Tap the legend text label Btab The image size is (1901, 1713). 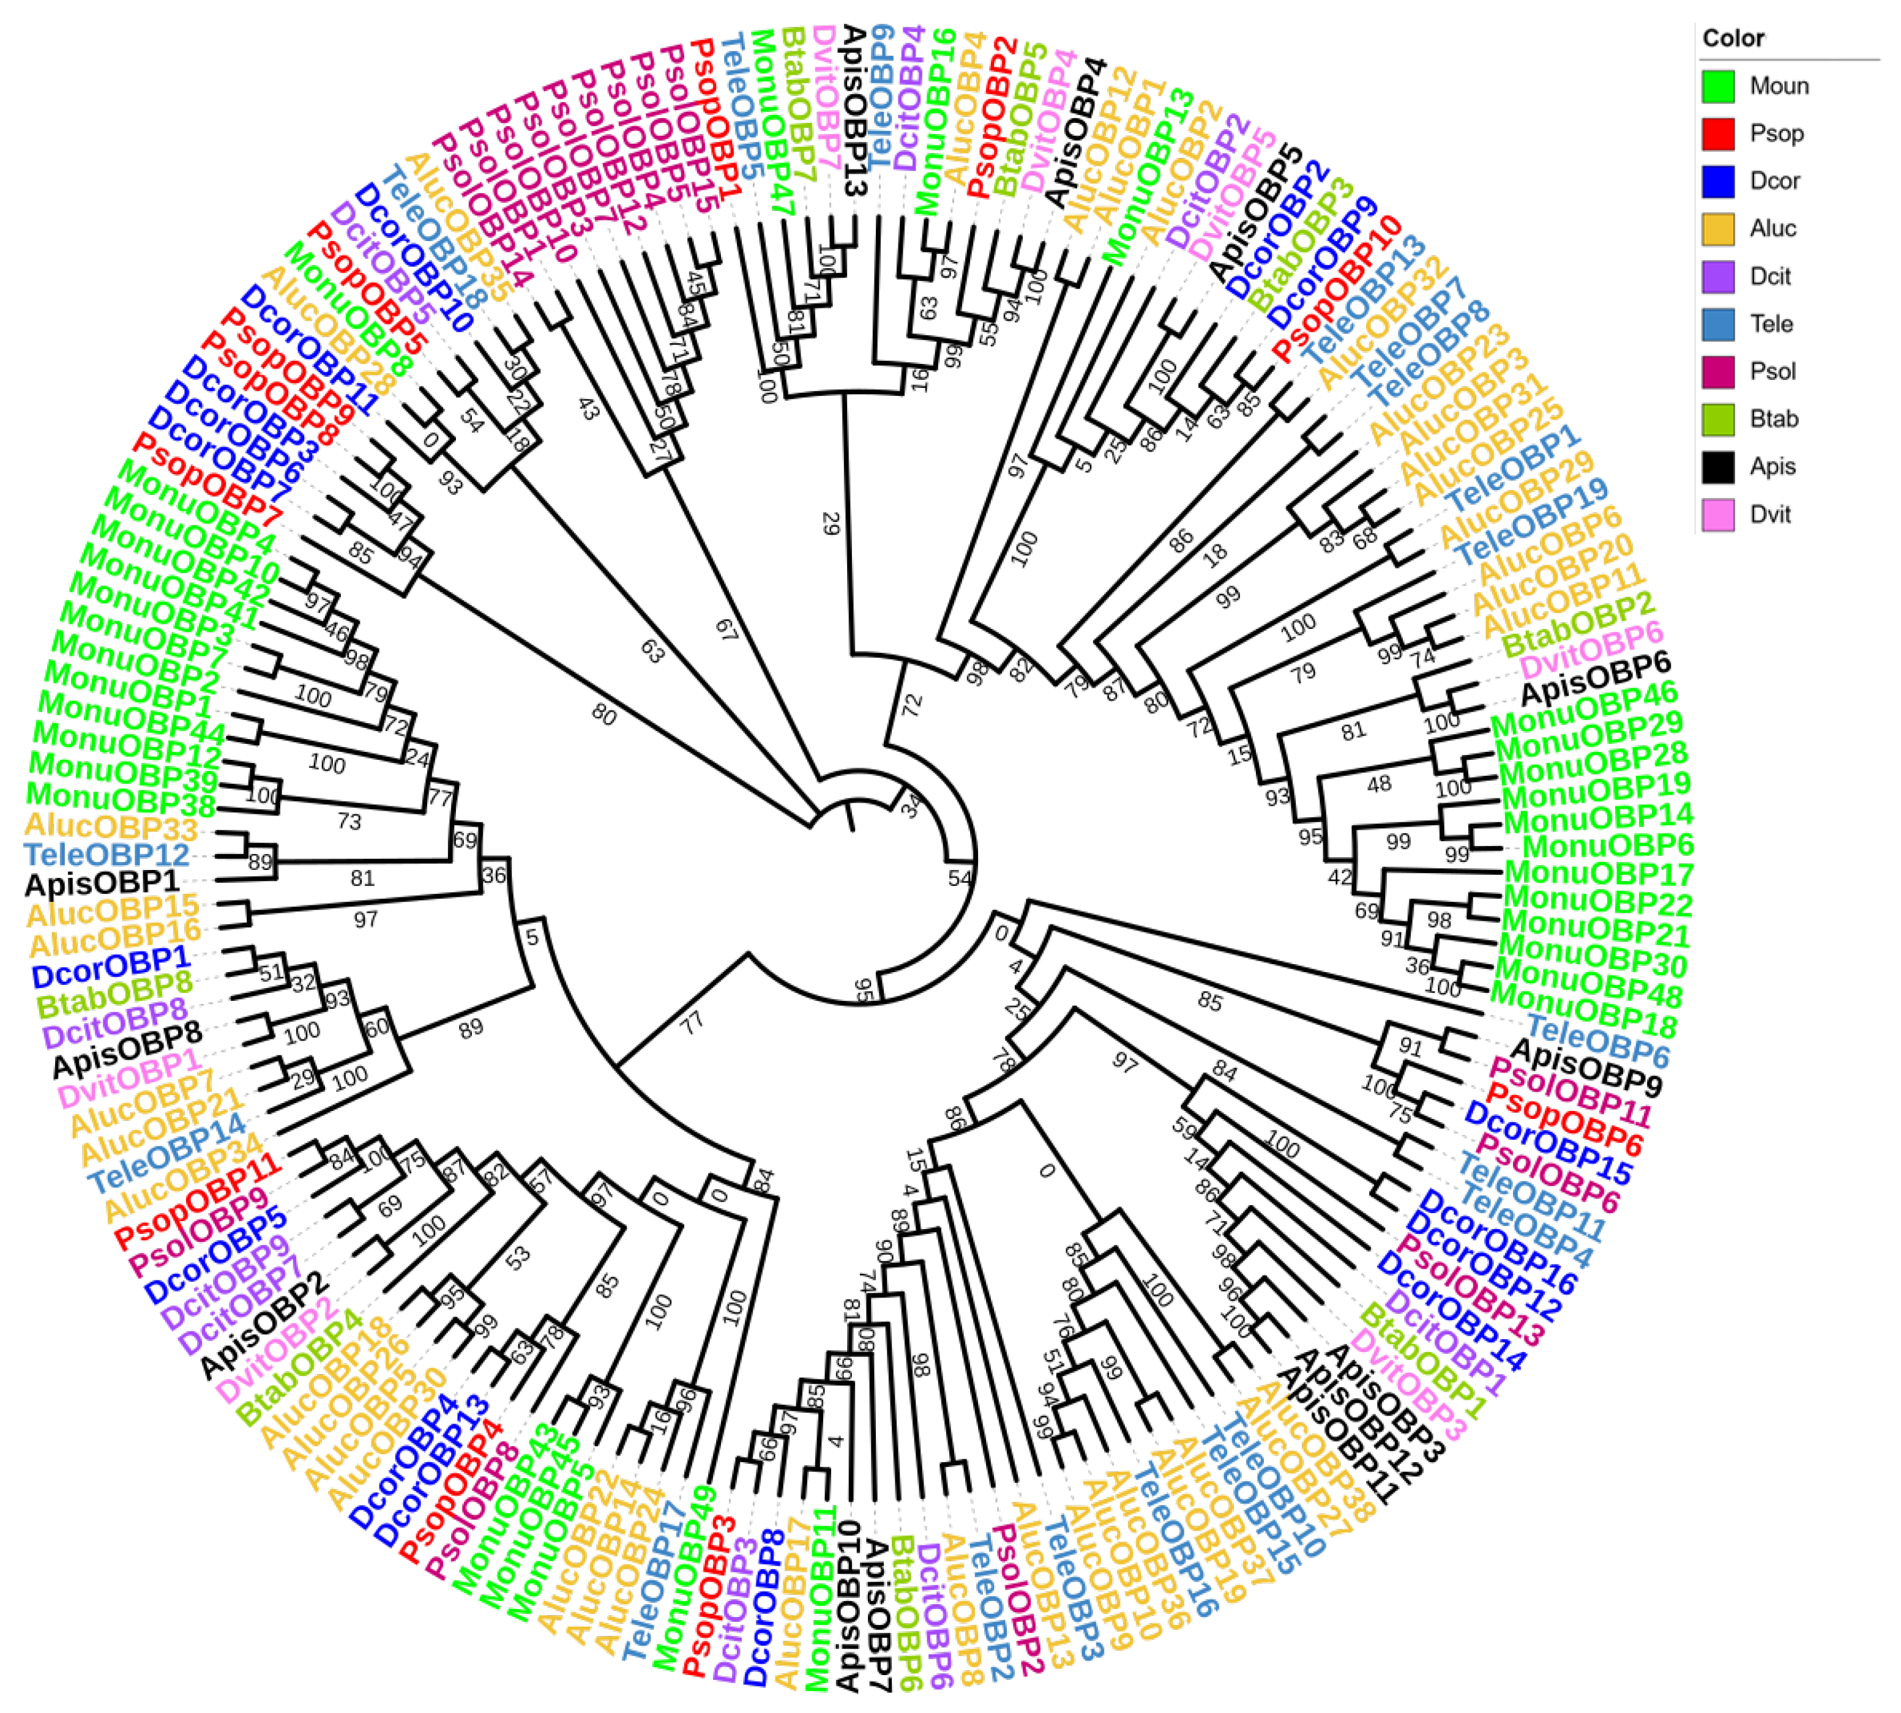[1774, 419]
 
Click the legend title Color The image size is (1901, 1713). [1733, 39]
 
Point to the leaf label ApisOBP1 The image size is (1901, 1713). [102, 884]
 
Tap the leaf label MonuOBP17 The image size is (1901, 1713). [1598, 874]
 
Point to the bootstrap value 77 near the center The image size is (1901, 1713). [694, 1022]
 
